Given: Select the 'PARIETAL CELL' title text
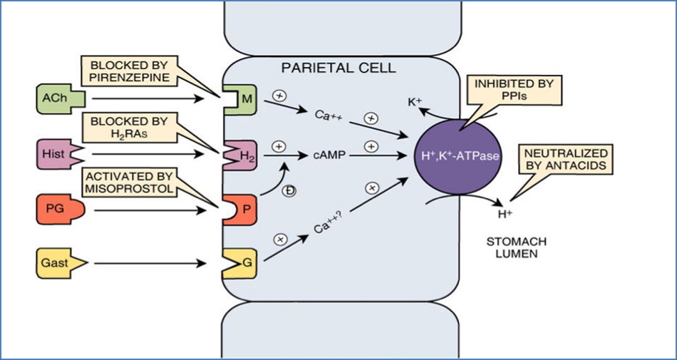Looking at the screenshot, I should pyautogui.click(x=338, y=69).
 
